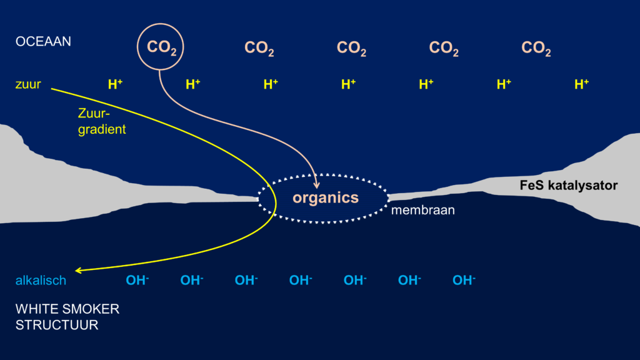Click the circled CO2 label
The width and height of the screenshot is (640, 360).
click(x=161, y=47)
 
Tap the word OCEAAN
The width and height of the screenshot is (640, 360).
click(x=43, y=42)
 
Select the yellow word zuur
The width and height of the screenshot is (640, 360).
click(x=28, y=84)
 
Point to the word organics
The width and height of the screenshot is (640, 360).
click(x=326, y=198)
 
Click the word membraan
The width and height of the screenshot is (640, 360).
click(x=422, y=211)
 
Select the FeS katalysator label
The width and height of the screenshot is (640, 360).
click(x=569, y=186)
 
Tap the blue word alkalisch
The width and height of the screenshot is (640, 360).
click(x=41, y=281)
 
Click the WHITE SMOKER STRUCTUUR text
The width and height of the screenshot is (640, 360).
click(x=67, y=317)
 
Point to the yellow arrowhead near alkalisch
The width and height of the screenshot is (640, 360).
click(x=78, y=271)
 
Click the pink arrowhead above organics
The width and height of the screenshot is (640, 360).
click(x=317, y=184)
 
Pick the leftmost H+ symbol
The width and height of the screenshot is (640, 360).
click(x=115, y=84)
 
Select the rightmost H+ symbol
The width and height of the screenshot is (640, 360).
click(x=581, y=84)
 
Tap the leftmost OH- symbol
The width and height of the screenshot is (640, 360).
click(x=137, y=281)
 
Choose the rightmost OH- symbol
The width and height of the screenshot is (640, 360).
click(x=464, y=281)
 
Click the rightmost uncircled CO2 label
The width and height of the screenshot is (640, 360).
click(x=536, y=48)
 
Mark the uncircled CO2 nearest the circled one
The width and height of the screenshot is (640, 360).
click(x=259, y=48)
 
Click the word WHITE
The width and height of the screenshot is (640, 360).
click(x=33, y=309)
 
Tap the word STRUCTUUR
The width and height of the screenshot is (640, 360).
click(x=57, y=326)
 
